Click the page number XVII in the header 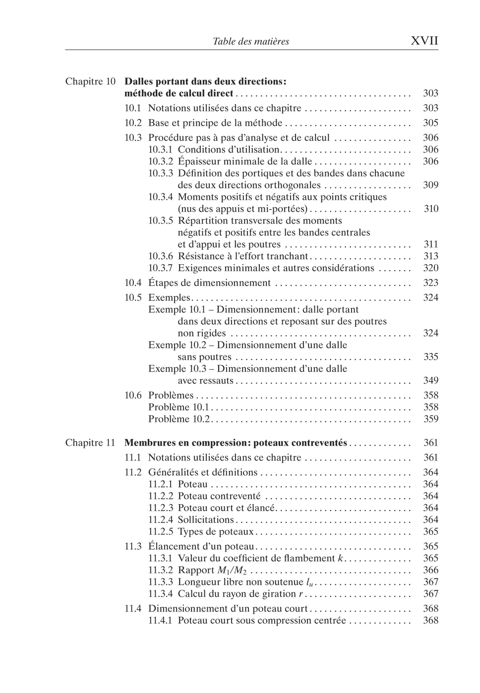(424, 41)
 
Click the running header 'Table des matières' (250, 42)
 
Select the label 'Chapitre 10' (90, 81)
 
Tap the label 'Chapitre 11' (90, 443)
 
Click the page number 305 (430, 123)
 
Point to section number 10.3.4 (161, 197)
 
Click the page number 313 (430, 256)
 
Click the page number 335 (430, 357)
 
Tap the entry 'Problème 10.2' (180, 419)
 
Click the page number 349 (430, 381)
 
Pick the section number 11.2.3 (161, 508)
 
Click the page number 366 (430, 570)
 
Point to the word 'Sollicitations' (206, 520)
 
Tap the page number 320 (430, 268)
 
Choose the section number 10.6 (133, 396)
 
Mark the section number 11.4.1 (161, 621)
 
